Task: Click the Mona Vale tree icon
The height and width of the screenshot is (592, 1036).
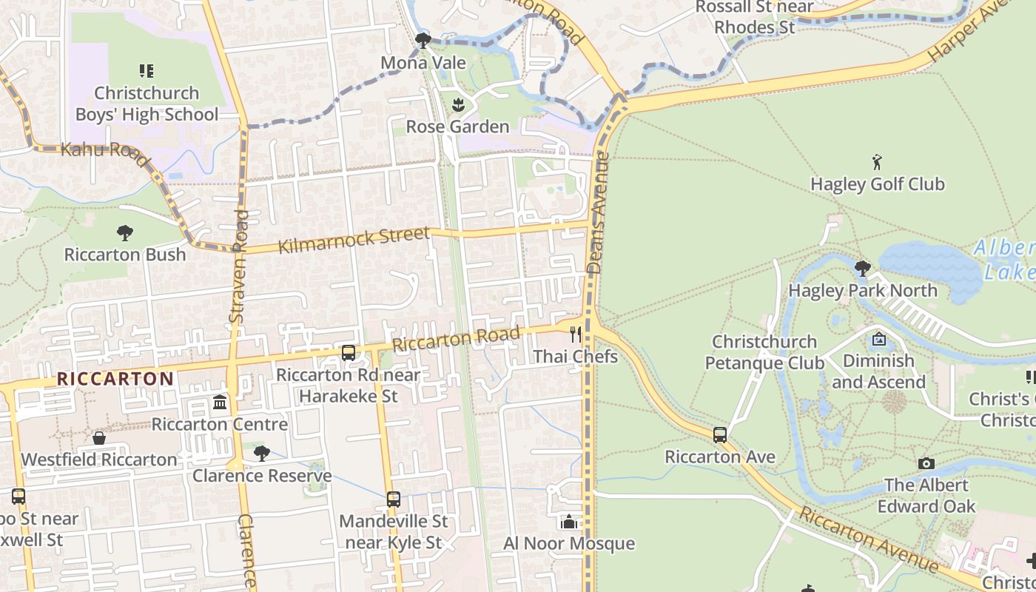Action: (423, 40)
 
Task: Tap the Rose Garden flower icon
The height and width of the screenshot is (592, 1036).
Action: (457, 104)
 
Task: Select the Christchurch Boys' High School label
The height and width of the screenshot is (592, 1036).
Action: (147, 104)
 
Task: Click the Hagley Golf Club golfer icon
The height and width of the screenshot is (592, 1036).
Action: (878, 161)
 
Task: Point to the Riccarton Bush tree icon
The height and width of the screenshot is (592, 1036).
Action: (124, 233)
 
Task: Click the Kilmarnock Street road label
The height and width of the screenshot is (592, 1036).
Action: (353, 240)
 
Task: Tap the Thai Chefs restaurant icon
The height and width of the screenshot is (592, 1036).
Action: (576, 335)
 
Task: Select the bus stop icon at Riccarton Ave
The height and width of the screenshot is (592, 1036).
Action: (719, 435)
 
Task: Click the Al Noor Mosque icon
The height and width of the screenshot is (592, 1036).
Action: (568, 522)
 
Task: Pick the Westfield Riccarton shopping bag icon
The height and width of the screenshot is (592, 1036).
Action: (99, 438)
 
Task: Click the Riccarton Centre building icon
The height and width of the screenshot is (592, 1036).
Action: (220, 403)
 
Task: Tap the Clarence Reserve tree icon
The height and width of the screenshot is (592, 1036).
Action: (261, 453)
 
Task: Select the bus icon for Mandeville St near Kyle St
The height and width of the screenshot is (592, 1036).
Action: (394, 499)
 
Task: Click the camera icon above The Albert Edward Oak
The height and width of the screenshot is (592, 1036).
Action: (926, 463)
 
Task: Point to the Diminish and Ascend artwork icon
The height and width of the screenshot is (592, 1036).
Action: (878, 340)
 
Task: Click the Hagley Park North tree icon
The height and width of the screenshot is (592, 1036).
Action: (862, 269)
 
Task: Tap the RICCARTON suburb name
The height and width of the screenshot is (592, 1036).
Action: (115, 379)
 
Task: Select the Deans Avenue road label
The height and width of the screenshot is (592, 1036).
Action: (597, 215)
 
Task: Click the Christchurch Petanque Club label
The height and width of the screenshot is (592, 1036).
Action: (764, 352)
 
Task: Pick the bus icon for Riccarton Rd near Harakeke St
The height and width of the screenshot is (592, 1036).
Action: (349, 353)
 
